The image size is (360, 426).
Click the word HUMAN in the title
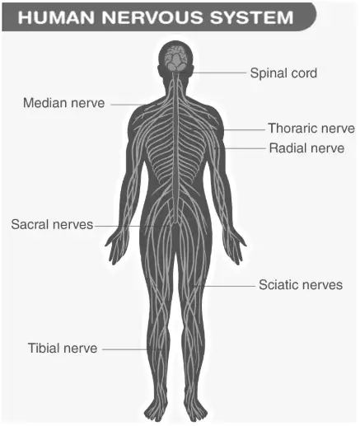(57, 17)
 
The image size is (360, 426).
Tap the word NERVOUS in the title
(153, 17)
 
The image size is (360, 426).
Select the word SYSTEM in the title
(252, 17)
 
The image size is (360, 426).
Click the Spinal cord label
(283, 73)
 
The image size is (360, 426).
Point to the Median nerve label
(64, 103)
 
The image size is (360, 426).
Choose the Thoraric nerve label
(311, 129)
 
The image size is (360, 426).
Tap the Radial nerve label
(306, 148)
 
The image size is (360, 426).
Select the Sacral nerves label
(52, 224)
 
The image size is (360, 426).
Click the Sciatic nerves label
(301, 284)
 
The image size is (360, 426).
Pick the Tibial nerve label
(63, 348)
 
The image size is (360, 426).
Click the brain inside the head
(176, 58)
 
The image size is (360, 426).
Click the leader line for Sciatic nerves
(225, 286)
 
